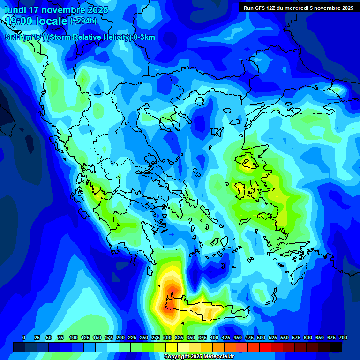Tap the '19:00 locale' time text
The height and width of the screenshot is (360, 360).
coord(37,21)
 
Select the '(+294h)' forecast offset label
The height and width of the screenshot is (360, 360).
coord(83,21)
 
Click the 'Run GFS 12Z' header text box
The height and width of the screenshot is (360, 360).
coord(298,8)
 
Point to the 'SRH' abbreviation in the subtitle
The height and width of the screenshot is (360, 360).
coord(13,37)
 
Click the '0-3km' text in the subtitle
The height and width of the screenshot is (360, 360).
coord(144,37)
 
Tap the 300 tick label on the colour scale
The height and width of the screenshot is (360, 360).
coord(167,337)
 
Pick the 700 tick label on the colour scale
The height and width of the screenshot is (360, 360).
coord(343,337)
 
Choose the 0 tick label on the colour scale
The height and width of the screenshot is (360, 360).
coord(24,337)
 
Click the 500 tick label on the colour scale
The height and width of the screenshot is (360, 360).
coord(261,337)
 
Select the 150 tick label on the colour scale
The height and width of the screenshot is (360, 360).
coord(97,337)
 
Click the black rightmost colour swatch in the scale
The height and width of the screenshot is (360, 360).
coord(336,347)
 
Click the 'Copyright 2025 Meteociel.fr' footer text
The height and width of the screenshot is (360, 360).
coord(199,357)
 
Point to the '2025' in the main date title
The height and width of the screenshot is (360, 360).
coord(95,10)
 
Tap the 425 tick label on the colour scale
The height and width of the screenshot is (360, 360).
coord(226,337)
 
